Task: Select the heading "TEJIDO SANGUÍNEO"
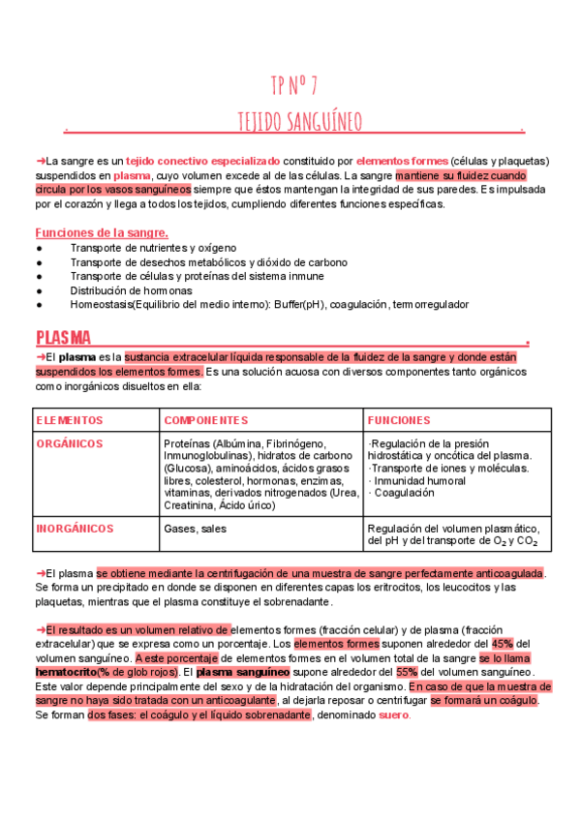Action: click(x=300, y=122)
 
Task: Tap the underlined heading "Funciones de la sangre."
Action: click(x=102, y=232)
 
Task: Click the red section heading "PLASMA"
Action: click(x=63, y=338)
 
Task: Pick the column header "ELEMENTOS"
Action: click(x=69, y=420)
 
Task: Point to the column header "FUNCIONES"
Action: click(x=399, y=420)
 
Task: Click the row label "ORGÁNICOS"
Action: click(x=69, y=443)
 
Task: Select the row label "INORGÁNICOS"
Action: click(x=75, y=529)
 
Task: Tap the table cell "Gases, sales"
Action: click(x=196, y=529)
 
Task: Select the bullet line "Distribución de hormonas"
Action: click(x=131, y=289)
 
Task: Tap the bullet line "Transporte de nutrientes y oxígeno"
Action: click(x=153, y=248)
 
